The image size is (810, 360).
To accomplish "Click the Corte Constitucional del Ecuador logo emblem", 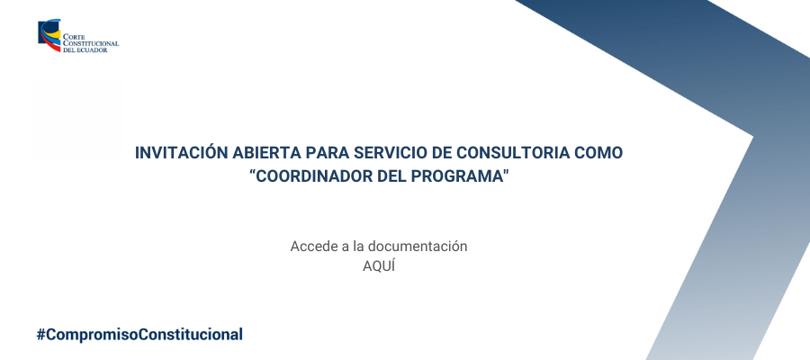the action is [x=49, y=35].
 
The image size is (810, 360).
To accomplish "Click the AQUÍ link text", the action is [x=379, y=266].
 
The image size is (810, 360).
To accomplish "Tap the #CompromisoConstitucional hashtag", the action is [x=139, y=335].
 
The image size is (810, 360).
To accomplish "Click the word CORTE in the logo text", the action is [x=74, y=37].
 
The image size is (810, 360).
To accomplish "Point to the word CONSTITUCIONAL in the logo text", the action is [x=91, y=44].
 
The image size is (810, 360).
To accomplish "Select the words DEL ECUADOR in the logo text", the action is [x=85, y=50].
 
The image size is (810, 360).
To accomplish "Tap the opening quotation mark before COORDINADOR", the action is [x=253, y=172].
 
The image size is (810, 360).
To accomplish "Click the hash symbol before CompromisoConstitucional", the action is [x=40, y=335].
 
